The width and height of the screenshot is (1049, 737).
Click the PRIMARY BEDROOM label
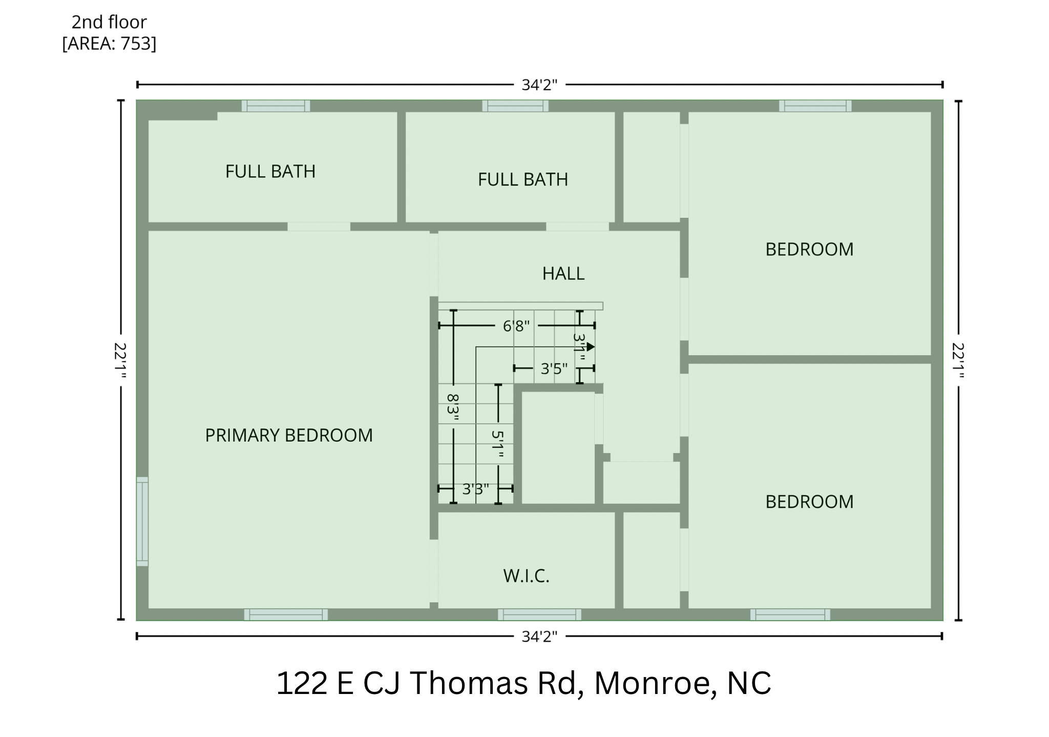click(288, 435)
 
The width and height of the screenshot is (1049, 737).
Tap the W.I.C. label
click(526, 576)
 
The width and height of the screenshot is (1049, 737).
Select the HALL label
click(563, 273)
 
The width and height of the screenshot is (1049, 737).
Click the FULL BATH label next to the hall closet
click(522, 180)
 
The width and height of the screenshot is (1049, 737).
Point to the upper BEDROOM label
click(809, 249)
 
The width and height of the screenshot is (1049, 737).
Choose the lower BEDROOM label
click(809, 501)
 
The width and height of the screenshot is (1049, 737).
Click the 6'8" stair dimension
click(516, 326)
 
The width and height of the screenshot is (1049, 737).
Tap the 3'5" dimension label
click(554, 368)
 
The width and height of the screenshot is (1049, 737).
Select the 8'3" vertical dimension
click(453, 407)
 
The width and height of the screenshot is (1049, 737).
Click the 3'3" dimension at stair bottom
click(475, 489)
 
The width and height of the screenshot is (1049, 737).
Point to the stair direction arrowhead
click(591, 347)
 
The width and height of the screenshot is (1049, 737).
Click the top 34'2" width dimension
click(539, 85)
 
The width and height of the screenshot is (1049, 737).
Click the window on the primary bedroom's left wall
click(142, 521)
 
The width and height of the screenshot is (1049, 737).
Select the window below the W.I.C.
click(539, 614)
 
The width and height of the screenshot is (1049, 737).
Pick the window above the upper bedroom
click(815, 106)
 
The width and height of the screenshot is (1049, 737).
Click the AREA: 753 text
click(109, 44)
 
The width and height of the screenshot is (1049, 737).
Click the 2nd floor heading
click(109, 22)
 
